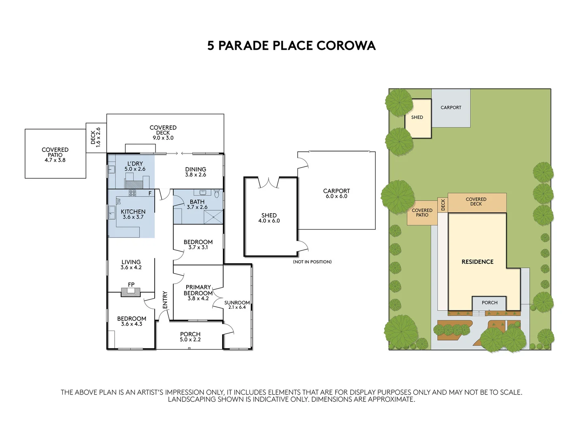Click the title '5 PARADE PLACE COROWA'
pyautogui.click(x=291, y=45)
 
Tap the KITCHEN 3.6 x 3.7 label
pyautogui.click(x=133, y=214)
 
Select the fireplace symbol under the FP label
pyautogui.click(x=131, y=292)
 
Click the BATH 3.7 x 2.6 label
pyautogui.click(x=197, y=204)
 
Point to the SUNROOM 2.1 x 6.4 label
pyautogui.click(x=237, y=305)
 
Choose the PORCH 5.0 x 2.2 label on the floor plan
pyautogui.click(x=190, y=337)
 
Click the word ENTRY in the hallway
pyautogui.click(x=165, y=300)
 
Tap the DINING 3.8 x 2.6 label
pyautogui.click(x=196, y=172)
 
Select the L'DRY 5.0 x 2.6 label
pyautogui.click(x=135, y=166)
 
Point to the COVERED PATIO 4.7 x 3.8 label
pyautogui.click(x=55, y=155)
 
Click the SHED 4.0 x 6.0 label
pyautogui.click(x=269, y=218)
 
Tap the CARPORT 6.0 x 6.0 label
pyautogui.click(x=336, y=193)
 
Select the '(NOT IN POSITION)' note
pyautogui.click(x=312, y=262)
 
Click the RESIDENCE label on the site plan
pyautogui.click(x=477, y=262)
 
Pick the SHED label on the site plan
pyautogui.click(x=417, y=117)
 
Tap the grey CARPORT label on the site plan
pyautogui.click(x=451, y=108)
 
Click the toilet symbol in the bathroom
pyautogui.click(x=217, y=194)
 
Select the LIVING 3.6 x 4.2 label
pyautogui.click(x=131, y=265)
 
